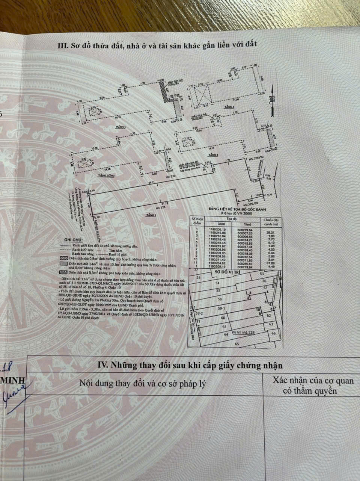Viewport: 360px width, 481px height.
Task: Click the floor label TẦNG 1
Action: point(151,215)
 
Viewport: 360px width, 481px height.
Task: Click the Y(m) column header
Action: point(249,224)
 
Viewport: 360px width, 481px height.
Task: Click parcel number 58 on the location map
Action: point(220,299)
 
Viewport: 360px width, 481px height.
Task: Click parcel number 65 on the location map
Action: point(236,343)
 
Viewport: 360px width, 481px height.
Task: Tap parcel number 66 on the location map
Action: point(274,333)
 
